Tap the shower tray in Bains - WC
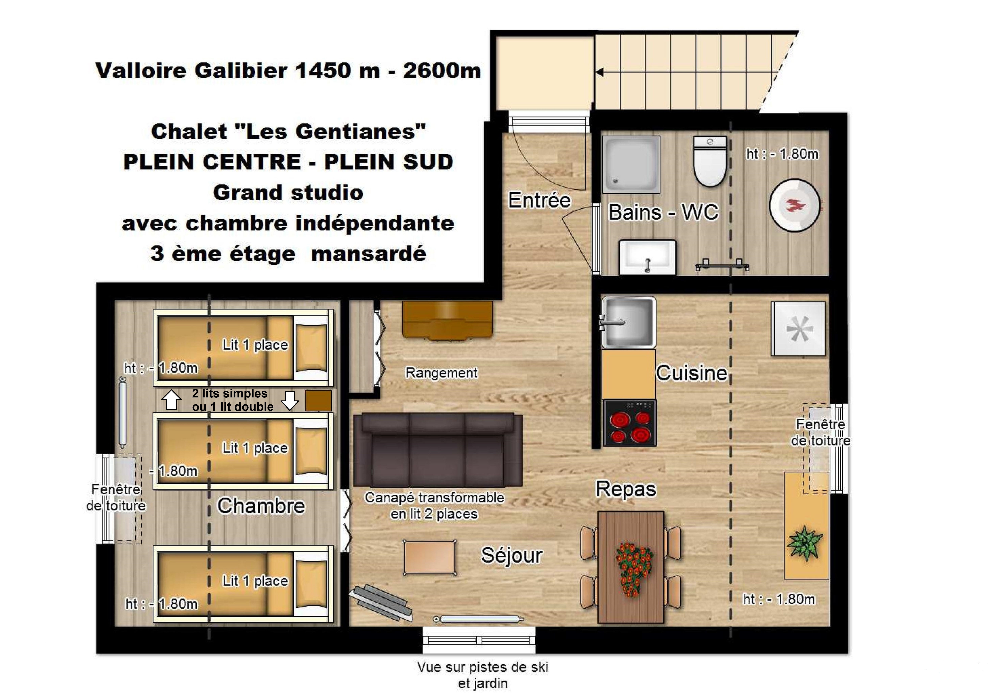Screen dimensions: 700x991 pos(631,164)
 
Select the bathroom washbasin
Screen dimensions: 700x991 pos(647,257)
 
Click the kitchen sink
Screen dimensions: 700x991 pos(628,322)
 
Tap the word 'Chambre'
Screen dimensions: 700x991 pos(261,506)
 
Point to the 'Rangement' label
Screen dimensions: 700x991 pos(441,372)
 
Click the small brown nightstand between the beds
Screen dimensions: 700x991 pos(318,400)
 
